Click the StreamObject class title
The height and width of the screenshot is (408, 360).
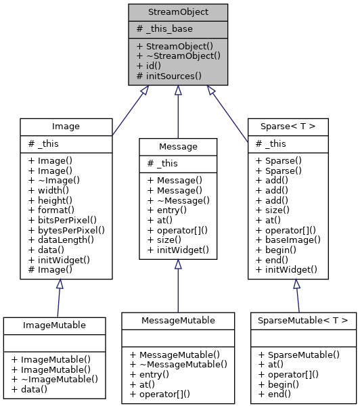(x=178, y=12)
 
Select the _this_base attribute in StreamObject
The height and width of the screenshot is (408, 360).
(x=164, y=28)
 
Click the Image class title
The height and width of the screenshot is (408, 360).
(x=66, y=126)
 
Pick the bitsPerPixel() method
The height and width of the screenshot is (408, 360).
(x=62, y=220)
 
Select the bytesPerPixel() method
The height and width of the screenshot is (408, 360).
(x=66, y=229)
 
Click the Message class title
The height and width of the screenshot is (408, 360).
(x=178, y=146)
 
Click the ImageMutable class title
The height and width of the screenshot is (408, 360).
(x=54, y=325)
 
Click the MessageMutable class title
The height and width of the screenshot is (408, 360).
(x=178, y=319)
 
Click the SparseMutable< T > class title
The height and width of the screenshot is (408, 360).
(x=303, y=319)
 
